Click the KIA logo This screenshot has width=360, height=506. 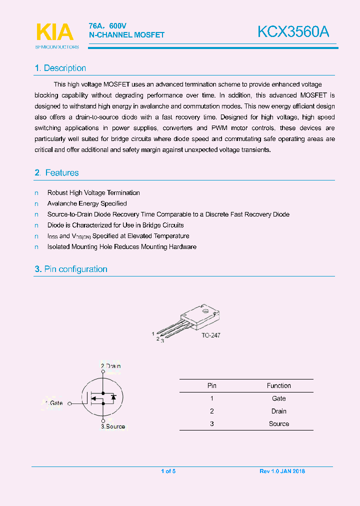click(x=55, y=32)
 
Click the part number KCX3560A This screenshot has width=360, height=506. click(x=293, y=32)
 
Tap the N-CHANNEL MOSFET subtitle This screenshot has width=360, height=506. click(x=126, y=35)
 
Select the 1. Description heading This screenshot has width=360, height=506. click(x=60, y=68)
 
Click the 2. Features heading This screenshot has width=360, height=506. click(x=57, y=173)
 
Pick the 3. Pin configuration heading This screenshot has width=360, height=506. click(x=71, y=269)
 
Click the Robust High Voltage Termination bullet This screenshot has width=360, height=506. click(x=93, y=193)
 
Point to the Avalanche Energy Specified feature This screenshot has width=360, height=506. click(x=87, y=204)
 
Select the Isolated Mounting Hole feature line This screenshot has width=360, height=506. click(x=121, y=247)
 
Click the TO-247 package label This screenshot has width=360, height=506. click(x=210, y=335)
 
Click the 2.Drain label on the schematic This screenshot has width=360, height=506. click(x=110, y=366)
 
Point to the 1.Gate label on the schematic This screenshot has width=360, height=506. click(x=53, y=403)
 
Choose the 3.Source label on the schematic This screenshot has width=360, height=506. click(x=112, y=426)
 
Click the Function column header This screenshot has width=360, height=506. click(x=278, y=385)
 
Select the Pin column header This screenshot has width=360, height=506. click(x=211, y=385)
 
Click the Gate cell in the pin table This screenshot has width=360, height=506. click(x=278, y=398)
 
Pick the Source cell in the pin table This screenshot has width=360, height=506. click(x=278, y=423)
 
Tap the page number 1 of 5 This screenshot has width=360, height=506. click(x=168, y=471)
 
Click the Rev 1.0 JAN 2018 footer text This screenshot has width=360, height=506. click(x=282, y=471)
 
